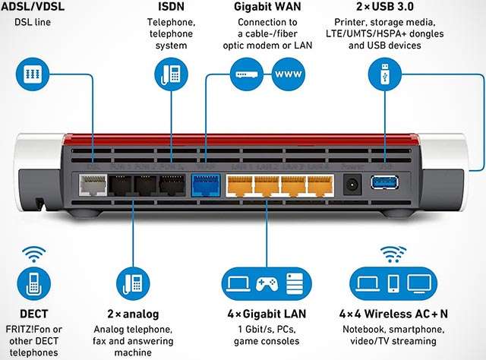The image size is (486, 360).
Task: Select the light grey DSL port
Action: [x=93, y=185]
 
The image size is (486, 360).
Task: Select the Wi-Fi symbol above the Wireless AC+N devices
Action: [x=393, y=252]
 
